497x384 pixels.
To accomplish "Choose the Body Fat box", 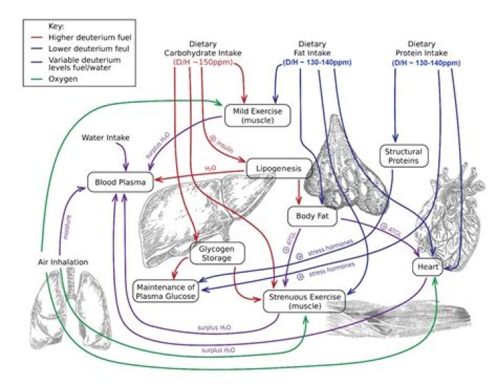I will (x=306, y=216).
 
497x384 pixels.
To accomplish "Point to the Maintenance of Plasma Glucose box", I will (x=166, y=291).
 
